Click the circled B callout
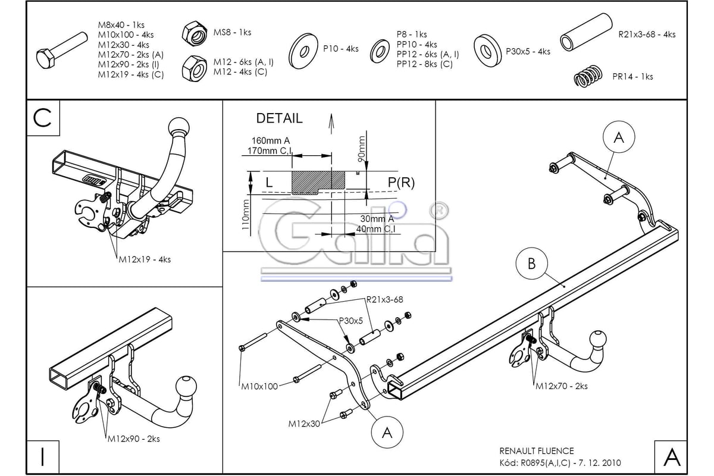(531, 264)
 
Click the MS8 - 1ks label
(232, 32)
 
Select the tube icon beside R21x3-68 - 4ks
(586, 32)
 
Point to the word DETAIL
(279, 118)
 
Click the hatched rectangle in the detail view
(318, 182)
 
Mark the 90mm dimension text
(361, 149)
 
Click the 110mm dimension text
(245, 215)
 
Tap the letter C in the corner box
(42, 118)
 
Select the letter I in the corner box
(43, 457)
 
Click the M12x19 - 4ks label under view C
(145, 259)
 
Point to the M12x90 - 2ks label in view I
(133, 439)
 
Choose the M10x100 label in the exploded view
(259, 386)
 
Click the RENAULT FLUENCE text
(537, 451)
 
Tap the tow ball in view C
(179, 127)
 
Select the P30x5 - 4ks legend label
(528, 51)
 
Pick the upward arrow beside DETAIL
(331, 124)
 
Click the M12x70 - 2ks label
(561, 386)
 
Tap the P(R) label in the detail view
(401, 182)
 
